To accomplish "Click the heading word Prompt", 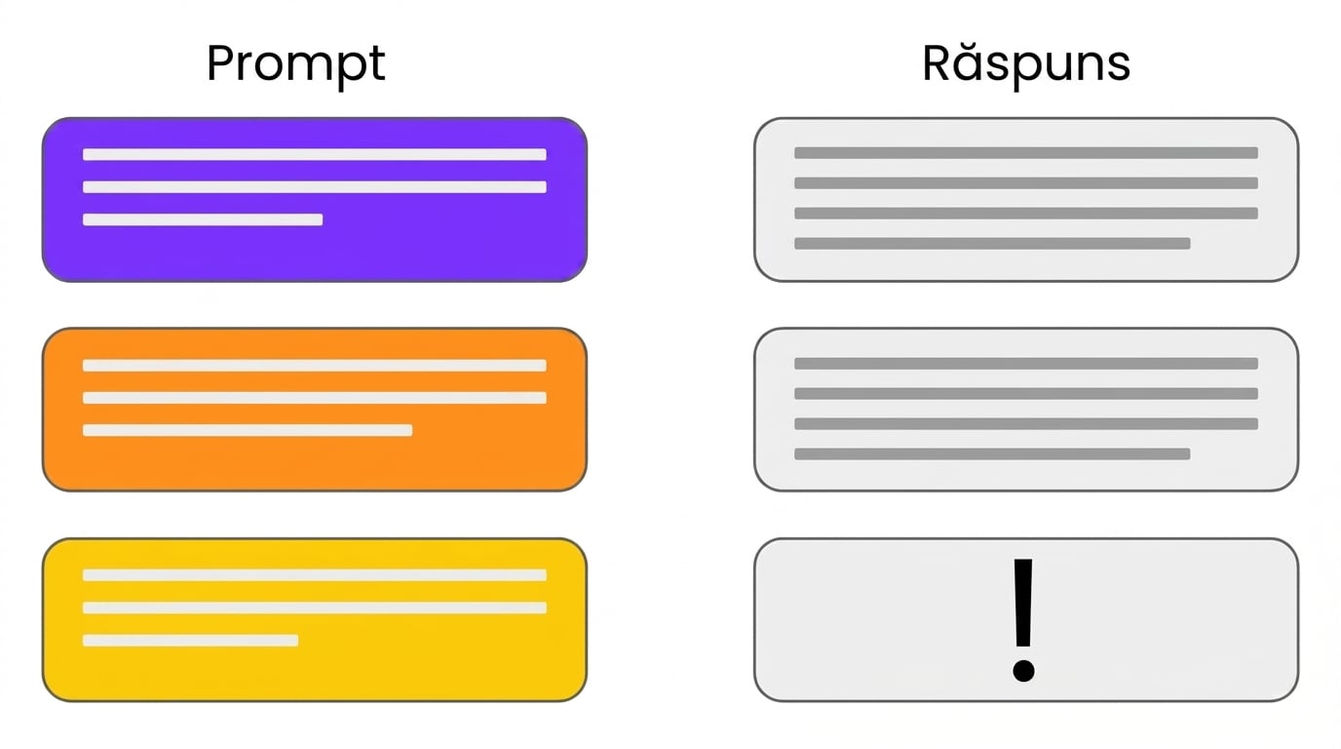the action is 295,65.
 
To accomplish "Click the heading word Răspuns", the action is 1026,65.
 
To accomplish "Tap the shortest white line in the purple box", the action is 203,219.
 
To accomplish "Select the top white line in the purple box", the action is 314,155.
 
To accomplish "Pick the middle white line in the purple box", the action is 314,187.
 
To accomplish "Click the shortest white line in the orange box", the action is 248,430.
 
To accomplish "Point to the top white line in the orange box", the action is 314,366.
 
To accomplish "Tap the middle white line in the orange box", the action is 314,398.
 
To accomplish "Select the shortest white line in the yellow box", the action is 190,641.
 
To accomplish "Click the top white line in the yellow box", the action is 314,575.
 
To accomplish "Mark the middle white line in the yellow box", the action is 314,609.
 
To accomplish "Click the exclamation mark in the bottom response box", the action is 1023,621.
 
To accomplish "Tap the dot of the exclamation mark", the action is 1023,671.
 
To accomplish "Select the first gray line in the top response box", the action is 1026,153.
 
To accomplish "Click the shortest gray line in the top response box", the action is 992,243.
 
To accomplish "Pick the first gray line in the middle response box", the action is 1026,363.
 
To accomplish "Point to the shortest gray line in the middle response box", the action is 992,453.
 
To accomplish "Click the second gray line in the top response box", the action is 1026,182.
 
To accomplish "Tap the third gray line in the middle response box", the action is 1026,423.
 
